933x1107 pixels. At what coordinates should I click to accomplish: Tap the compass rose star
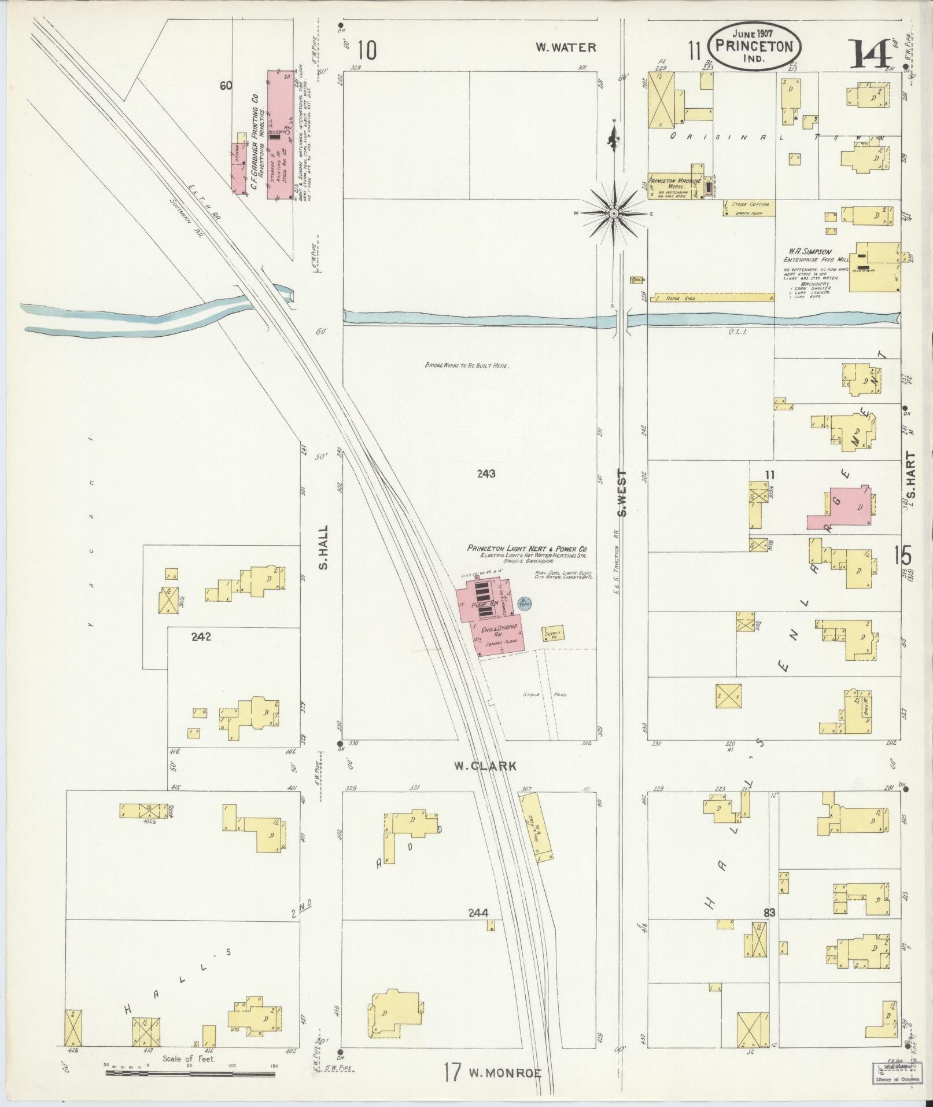(x=614, y=214)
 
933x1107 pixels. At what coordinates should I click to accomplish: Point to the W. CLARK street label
(x=485, y=766)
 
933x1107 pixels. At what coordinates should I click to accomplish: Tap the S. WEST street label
(x=622, y=493)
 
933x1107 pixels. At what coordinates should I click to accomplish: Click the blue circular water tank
(x=524, y=603)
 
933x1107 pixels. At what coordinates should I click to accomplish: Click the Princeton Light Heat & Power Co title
(x=528, y=548)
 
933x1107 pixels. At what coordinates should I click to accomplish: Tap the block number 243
(x=486, y=474)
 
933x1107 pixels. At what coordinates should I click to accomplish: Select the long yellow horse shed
(x=712, y=297)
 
